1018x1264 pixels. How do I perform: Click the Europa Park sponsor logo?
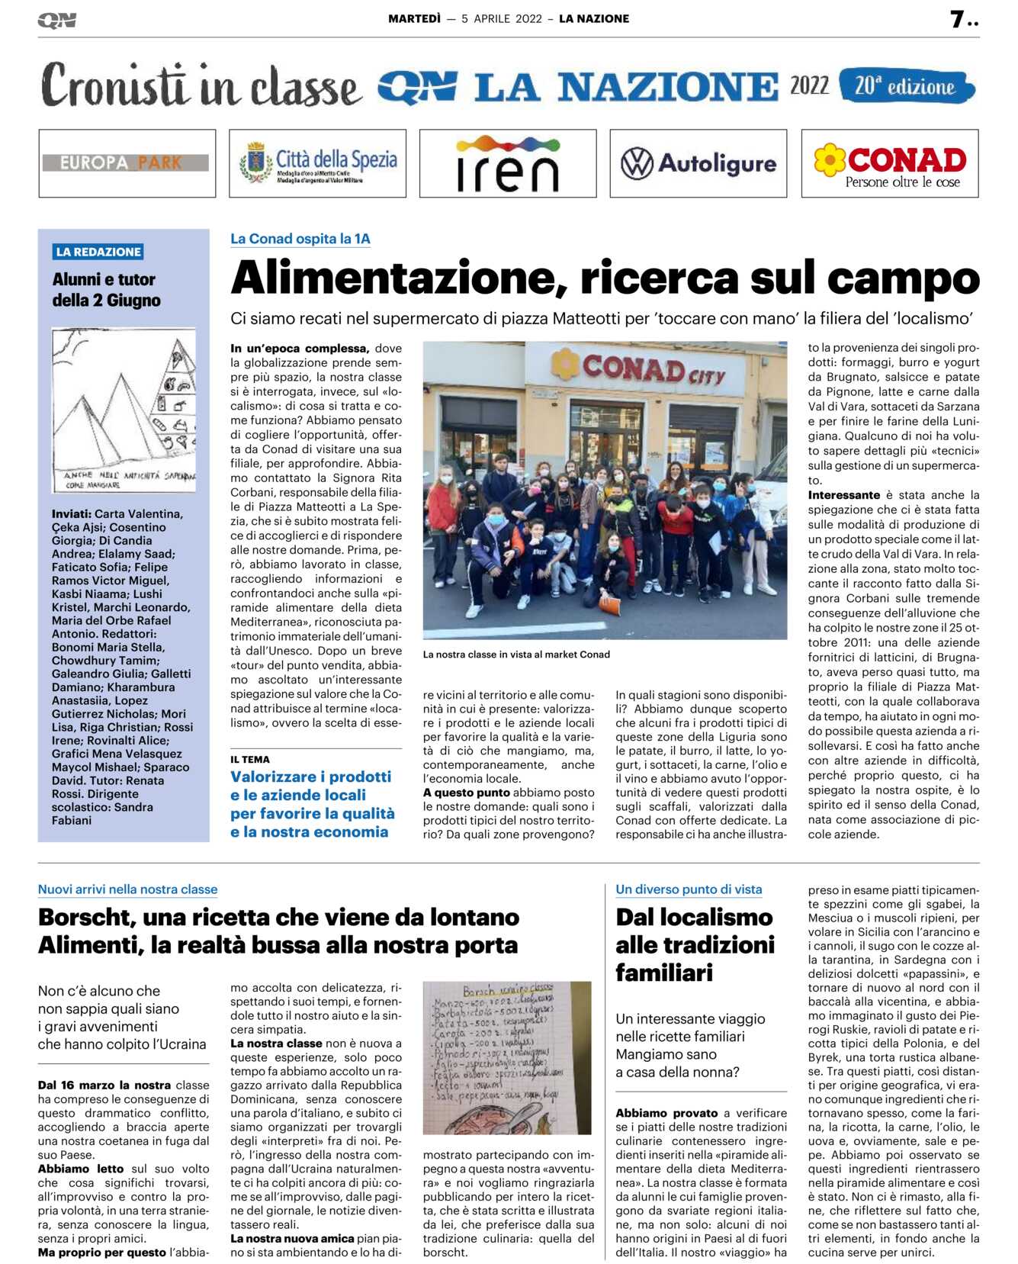127,162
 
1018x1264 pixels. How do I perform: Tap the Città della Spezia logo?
317,163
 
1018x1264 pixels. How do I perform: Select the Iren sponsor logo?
507,163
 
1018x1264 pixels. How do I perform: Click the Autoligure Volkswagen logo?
698,163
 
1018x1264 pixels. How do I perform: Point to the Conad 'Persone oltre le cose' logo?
890,163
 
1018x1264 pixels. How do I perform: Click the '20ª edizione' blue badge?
905,86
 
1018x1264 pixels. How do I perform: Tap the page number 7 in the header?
957,19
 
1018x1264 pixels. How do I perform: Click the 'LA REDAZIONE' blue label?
98,252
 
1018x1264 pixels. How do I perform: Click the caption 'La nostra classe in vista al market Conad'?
516,654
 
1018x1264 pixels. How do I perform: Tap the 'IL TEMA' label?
250,759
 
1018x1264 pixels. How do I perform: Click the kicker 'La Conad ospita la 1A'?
300,239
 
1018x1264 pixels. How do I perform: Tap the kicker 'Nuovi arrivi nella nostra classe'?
127,889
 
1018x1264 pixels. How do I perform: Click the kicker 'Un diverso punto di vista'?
689,889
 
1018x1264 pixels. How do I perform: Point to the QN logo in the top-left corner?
56,21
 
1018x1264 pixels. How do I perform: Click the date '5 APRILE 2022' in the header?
501,19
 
